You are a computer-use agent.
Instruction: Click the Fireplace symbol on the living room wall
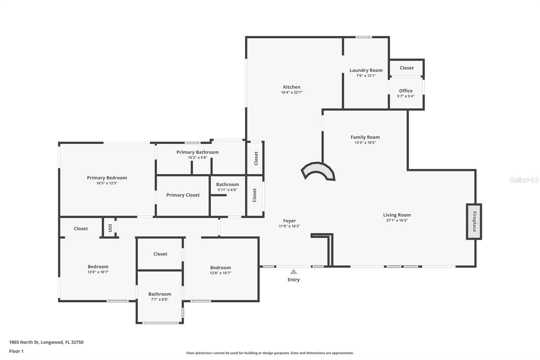click(474, 222)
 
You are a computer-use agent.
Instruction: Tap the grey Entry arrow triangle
click(294, 272)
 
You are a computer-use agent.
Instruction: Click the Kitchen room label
click(292, 87)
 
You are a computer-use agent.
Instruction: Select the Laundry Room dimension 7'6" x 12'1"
click(366, 76)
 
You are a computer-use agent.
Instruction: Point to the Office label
click(406, 91)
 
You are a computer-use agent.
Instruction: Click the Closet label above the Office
click(406, 68)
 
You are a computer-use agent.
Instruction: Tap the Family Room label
click(365, 137)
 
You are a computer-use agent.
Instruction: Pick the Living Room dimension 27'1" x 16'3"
click(397, 220)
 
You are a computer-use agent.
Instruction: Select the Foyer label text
click(289, 221)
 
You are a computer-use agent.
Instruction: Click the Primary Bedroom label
click(107, 178)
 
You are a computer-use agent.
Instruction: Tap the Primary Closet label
click(183, 195)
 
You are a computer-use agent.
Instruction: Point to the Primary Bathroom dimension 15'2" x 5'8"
click(197, 157)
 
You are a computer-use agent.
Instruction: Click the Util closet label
click(110, 228)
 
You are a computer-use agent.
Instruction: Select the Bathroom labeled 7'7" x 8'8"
click(160, 294)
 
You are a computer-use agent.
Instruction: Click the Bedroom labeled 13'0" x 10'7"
click(98, 267)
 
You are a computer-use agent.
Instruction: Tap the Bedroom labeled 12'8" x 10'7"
click(220, 268)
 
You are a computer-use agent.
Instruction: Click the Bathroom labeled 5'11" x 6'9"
click(227, 184)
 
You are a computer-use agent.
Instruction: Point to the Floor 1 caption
click(16, 351)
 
